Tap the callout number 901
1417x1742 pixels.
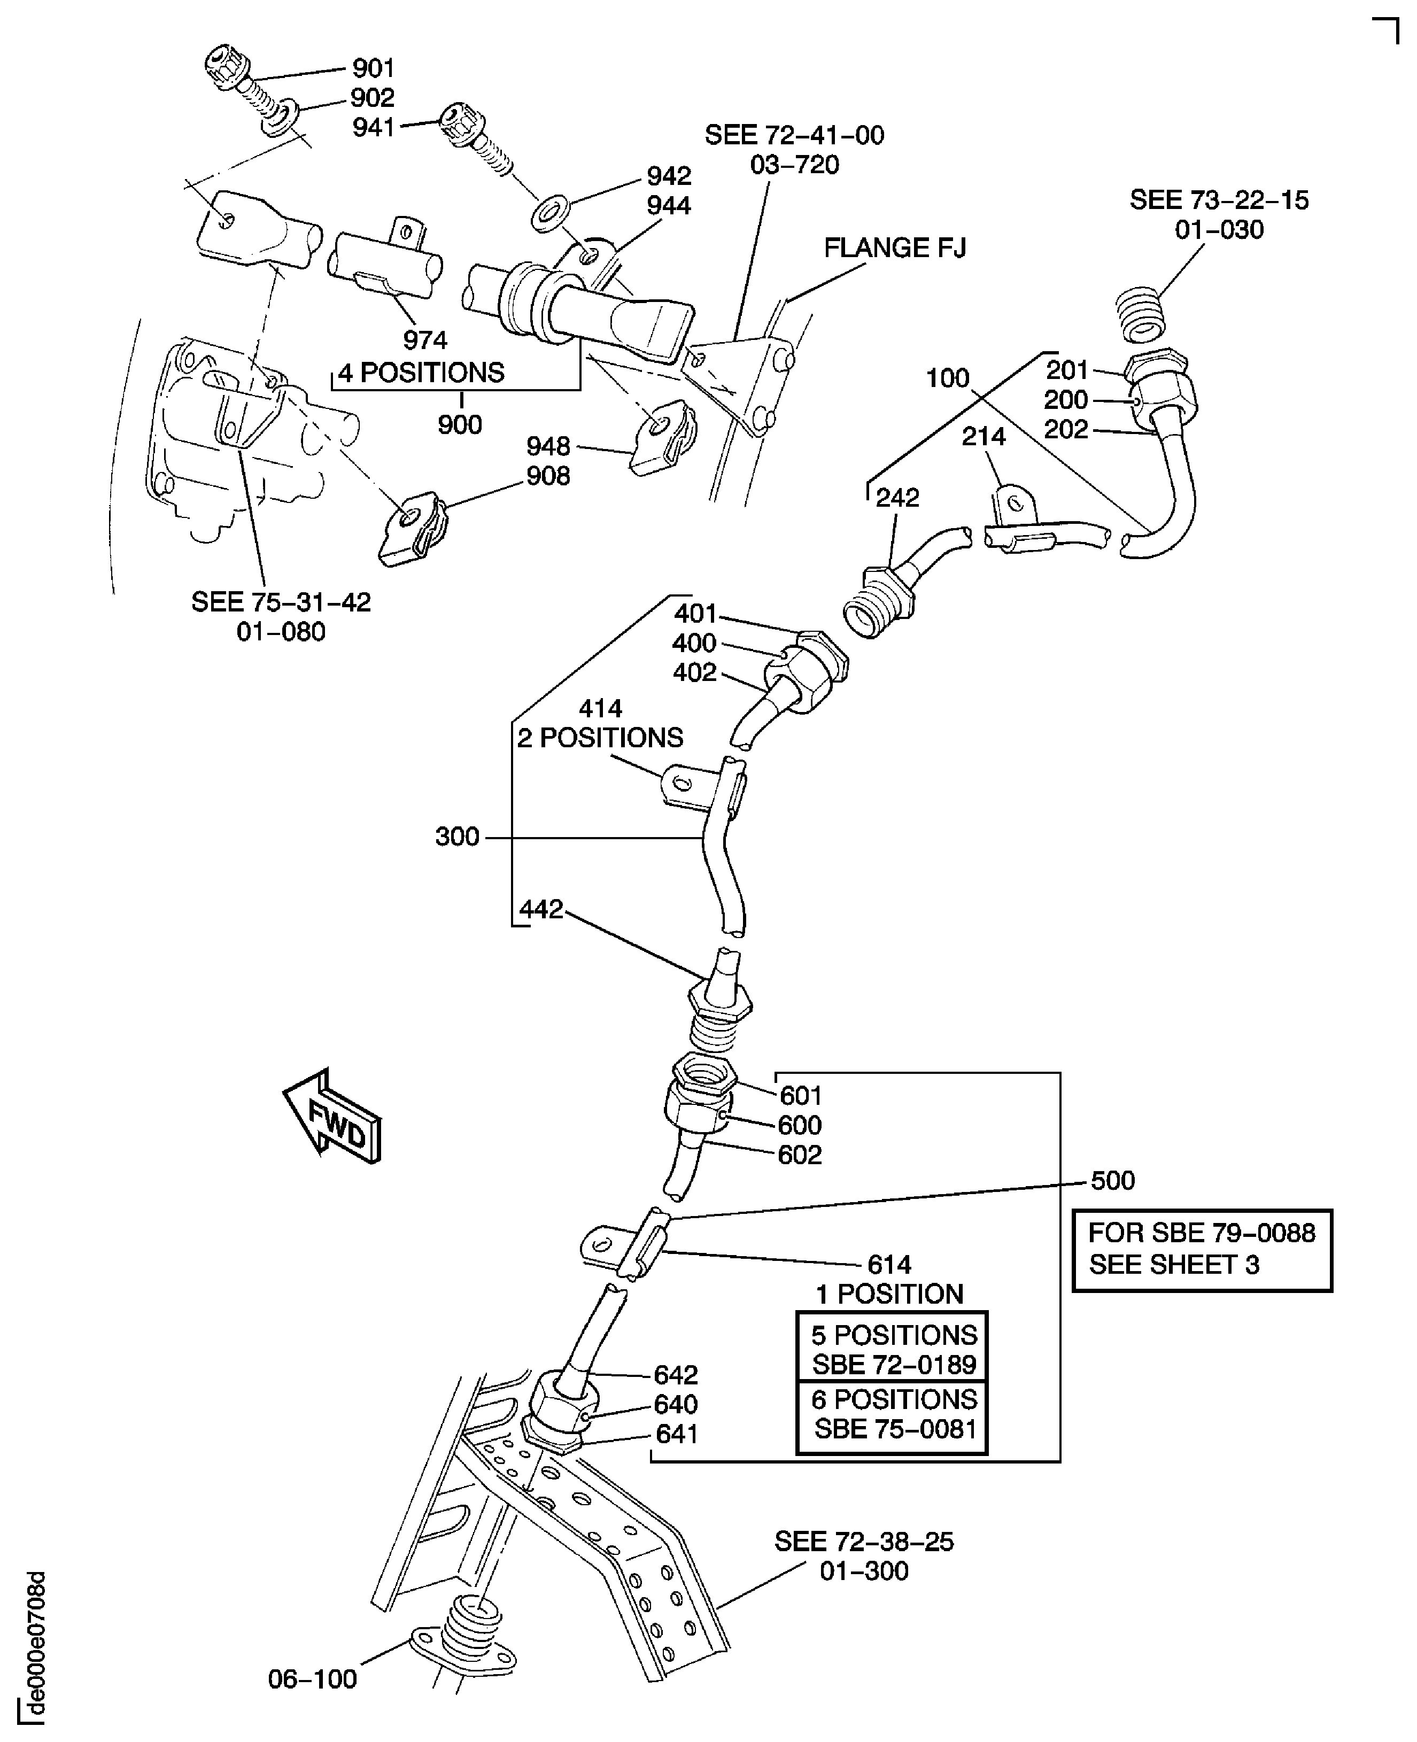point(373,68)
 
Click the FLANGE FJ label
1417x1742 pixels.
point(895,248)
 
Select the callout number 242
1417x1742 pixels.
point(897,498)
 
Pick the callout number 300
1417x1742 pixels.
point(457,837)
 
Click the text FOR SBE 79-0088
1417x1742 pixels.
point(1202,1233)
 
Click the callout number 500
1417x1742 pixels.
point(1112,1180)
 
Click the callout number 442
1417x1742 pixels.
point(541,909)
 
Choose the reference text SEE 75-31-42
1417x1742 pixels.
point(281,602)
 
